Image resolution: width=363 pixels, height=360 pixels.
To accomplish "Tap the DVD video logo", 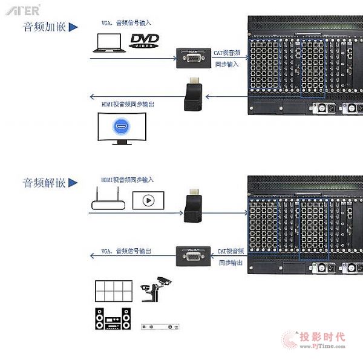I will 145,41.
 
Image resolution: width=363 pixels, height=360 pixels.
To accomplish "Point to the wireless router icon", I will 108,201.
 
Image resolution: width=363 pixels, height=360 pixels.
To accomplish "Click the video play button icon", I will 149,200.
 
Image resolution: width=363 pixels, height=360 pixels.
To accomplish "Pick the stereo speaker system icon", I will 113,318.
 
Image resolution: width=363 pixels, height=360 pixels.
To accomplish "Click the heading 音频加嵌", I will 44,27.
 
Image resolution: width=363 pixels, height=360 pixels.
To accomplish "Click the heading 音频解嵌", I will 44,183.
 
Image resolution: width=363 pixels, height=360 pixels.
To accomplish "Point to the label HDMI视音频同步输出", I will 127,104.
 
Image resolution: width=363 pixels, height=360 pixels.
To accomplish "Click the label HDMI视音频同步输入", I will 127,180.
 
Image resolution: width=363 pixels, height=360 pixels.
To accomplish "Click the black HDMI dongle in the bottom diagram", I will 193,206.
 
